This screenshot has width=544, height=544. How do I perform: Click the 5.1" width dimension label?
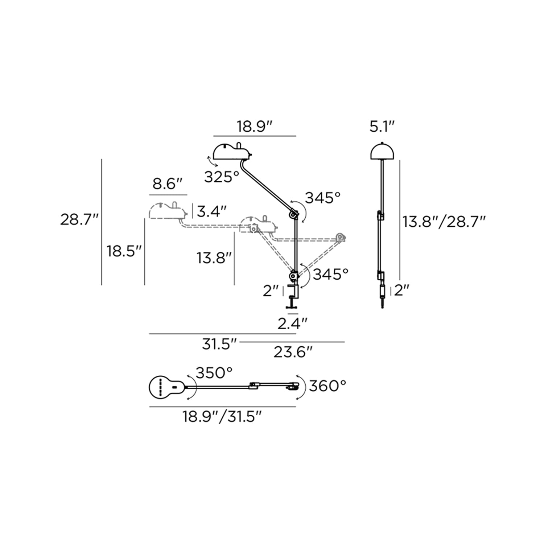click(382, 127)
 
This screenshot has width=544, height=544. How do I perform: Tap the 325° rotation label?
click(222, 177)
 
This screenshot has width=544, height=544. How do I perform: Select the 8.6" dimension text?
click(167, 184)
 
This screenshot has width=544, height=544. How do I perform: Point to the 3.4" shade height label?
click(212, 211)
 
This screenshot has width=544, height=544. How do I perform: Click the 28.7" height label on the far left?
click(79, 220)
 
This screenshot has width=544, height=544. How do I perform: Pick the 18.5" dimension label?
click(124, 251)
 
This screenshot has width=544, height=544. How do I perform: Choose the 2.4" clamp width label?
click(292, 323)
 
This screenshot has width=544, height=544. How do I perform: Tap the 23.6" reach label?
click(293, 352)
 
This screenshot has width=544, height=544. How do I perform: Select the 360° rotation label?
click(327, 386)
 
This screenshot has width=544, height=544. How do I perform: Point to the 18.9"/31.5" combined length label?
click(222, 417)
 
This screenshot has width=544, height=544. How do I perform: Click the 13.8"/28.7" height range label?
click(444, 221)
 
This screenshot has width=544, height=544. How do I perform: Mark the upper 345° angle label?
click(323, 198)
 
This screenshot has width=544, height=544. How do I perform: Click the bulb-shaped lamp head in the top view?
click(165, 387)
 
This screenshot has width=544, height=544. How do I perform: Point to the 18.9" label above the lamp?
click(255, 127)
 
